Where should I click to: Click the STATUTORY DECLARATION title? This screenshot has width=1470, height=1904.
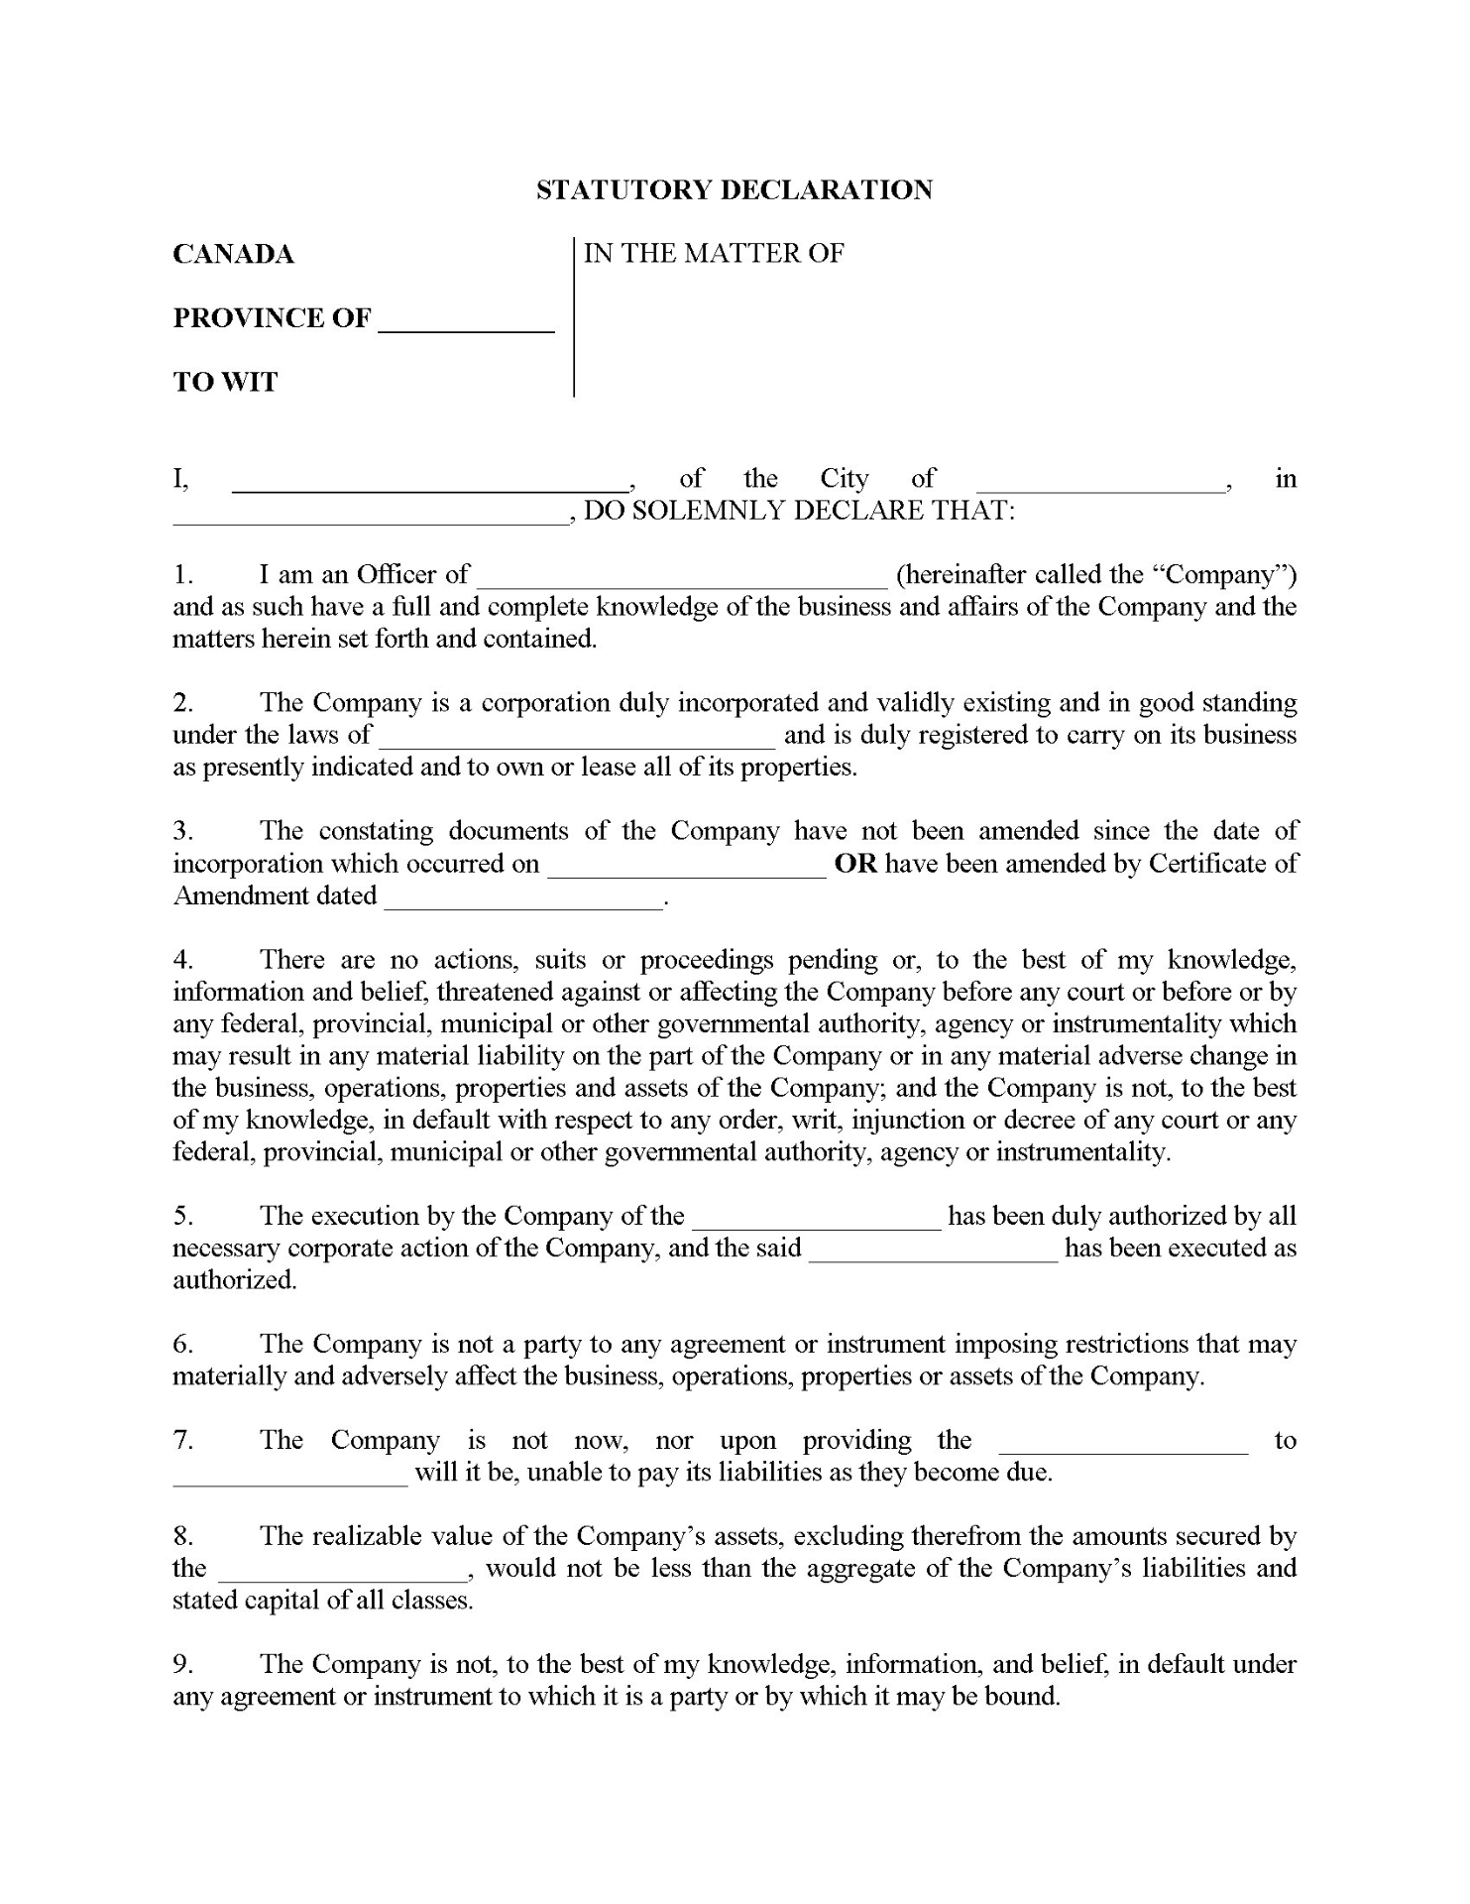click(734, 190)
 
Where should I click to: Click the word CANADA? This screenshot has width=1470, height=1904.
click(233, 255)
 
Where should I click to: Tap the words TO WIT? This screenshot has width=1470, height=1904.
click(225, 382)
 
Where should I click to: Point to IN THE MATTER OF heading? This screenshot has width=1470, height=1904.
click(714, 254)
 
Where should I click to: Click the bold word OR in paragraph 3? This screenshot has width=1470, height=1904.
click(855, 864)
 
